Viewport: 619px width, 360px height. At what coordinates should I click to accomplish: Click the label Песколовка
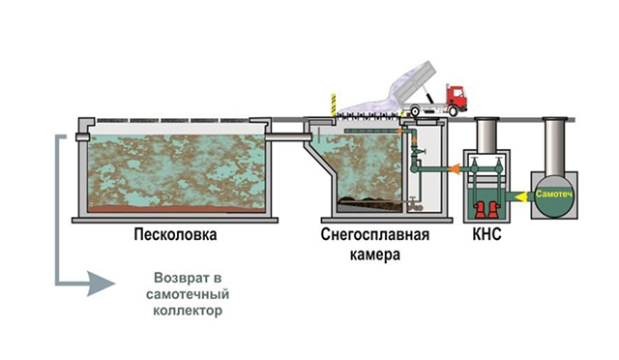[175, 234]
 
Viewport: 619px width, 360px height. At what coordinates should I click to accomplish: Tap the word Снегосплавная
[375, 234]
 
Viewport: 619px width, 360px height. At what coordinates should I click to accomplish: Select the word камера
[375, 255]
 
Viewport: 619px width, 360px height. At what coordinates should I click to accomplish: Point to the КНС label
[486, 234]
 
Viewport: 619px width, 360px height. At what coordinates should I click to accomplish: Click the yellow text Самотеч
[554, 194]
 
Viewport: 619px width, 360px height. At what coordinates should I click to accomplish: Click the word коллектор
[188, 311]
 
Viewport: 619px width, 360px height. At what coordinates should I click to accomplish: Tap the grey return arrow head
[101, 284]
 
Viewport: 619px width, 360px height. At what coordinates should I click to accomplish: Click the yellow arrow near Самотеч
[523, 195]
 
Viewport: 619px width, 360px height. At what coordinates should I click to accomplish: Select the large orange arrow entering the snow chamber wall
[455, 168]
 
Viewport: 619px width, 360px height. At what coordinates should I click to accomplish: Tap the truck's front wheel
[454, 111]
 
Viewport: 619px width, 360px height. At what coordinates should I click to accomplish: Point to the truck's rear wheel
[415, 111]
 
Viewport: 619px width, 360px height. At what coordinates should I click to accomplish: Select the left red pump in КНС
[480, 210]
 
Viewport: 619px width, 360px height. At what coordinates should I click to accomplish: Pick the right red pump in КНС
[493, 210]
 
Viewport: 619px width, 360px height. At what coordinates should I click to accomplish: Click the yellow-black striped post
[334, 105]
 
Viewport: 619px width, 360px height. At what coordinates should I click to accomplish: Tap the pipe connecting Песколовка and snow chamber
[288, 136]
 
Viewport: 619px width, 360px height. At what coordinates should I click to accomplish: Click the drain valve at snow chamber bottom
[414, 203]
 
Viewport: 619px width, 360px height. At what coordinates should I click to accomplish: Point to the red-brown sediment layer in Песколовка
[176, 209]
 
